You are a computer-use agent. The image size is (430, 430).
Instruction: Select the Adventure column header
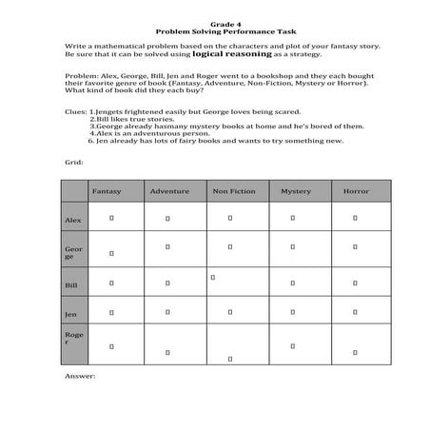coord(169,191)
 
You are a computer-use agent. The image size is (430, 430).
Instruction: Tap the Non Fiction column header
coord(232,191)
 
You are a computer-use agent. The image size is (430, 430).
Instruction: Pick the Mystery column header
coord(295,191)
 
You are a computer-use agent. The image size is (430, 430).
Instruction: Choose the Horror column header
coord(356,191)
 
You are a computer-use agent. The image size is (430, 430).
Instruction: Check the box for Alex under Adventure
coord(167,218)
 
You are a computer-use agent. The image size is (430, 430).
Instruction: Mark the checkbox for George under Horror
coord(355,247)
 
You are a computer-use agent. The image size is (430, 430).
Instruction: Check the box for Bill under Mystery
coord(292,282)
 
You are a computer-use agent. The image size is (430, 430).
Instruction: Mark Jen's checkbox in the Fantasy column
coord(111,311)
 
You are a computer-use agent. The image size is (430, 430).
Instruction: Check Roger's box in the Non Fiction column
coord(229,359)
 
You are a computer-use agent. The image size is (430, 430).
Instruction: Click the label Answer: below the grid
coord(80,376)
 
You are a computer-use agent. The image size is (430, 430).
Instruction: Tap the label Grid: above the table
coord(74,162)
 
